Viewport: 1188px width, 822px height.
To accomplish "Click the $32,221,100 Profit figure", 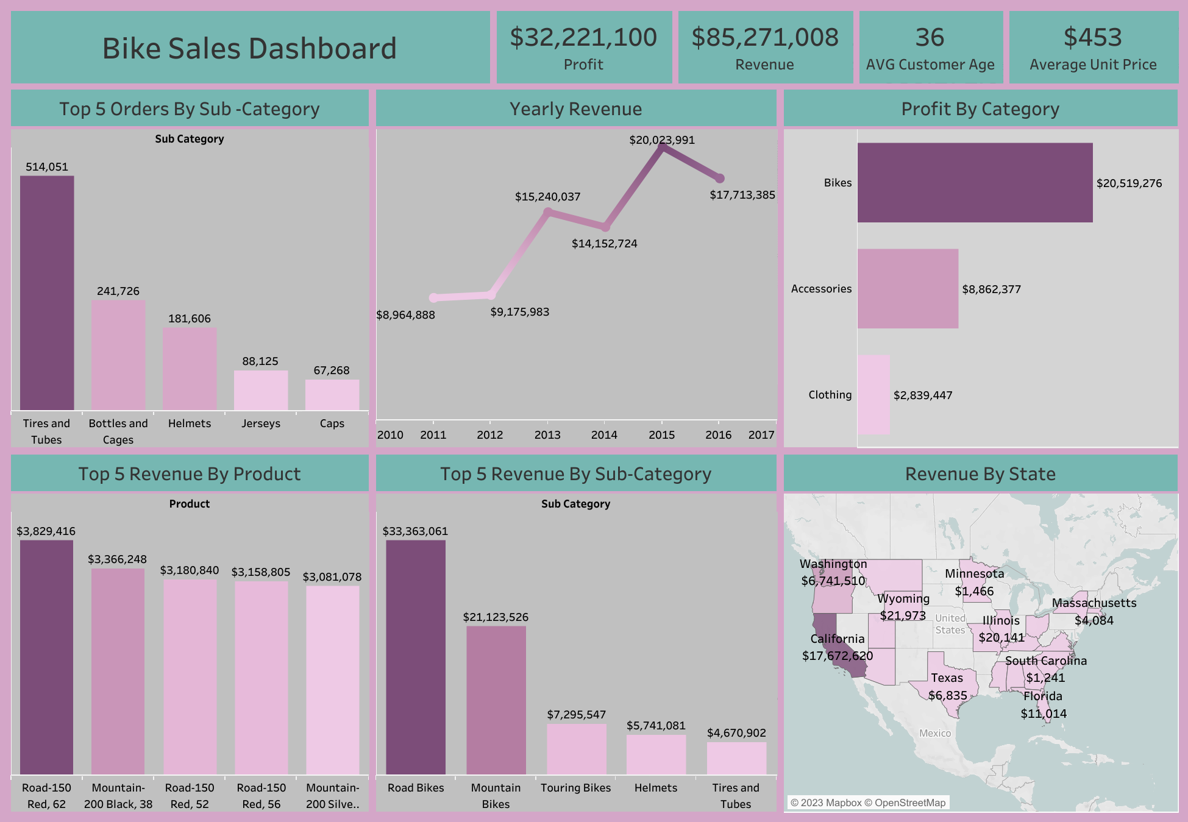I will pos(583,38).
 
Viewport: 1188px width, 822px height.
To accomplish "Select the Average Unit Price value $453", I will pos(1092,38).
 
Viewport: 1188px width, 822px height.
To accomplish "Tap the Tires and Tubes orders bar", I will pos(47,292).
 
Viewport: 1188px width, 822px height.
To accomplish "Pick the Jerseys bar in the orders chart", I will pos(261,390).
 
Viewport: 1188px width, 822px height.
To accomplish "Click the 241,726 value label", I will pos(118,291).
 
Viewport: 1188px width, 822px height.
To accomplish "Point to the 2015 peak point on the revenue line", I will pos(662,147).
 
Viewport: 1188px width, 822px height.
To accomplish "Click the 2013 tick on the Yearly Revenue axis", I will pos(547,434).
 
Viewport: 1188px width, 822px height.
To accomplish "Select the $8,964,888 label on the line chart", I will pos(405,315).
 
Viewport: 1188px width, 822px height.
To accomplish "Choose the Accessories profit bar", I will pos(908,288).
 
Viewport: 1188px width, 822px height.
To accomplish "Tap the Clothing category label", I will pos(830,395).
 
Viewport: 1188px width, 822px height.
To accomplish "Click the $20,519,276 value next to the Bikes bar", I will pos(1129,183).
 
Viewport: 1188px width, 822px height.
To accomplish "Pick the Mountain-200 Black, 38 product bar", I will pos(118,670).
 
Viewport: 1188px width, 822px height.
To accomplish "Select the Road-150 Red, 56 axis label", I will pos(261,796).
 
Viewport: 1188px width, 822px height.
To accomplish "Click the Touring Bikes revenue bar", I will pos(576,749).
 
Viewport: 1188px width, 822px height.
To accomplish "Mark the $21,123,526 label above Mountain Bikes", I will pos(496,617).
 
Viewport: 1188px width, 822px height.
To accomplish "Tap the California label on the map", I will pos(837,639).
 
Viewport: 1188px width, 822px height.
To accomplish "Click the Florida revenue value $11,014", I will pos(1044,714).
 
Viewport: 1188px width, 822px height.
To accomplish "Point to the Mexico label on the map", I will pos(934,733).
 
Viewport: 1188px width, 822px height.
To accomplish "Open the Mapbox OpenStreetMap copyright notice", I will pos(867,803).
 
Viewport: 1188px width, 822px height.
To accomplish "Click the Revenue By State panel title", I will pos(980,473).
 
